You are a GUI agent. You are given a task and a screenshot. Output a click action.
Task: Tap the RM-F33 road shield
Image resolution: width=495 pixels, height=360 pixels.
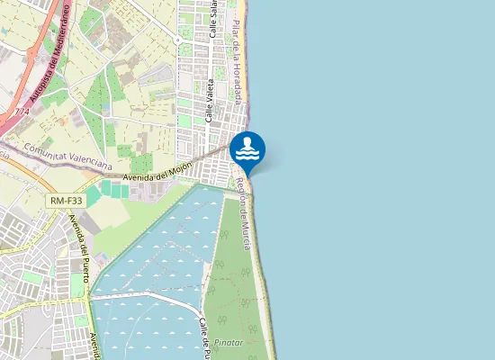[x=67, y=202]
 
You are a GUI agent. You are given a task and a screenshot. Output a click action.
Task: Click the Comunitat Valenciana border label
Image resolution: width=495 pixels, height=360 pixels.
[x=67, y=157]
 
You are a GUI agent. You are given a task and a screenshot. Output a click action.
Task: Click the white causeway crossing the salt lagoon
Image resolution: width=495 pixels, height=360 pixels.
[x=144, y=296]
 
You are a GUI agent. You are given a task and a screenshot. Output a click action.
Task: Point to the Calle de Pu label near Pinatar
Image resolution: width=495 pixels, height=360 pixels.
[x=205, y=337]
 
